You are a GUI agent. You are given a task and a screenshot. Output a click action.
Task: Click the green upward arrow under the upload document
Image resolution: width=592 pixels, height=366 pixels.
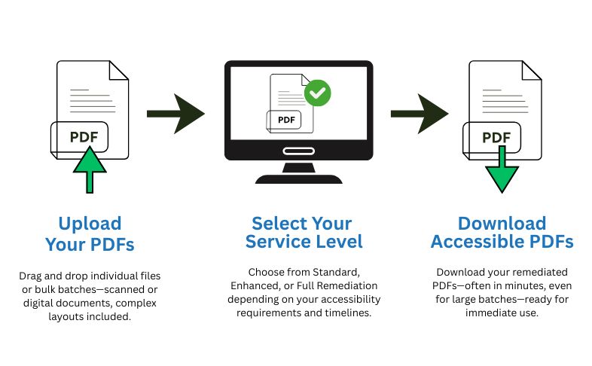pyautogui.click(x=90, y=171)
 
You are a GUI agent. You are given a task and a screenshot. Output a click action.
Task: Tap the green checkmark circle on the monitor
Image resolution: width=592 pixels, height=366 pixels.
pyautogui.click(x=318, y=93)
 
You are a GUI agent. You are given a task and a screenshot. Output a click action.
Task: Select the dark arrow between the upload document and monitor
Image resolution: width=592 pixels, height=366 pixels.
pyautogui.click(x=175, y=114)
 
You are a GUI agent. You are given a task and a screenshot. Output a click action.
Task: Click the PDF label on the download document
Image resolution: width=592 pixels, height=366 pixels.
pyautogui.click(x=496, y=137)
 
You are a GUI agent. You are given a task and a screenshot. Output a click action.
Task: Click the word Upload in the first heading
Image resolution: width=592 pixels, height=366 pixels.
pyautogui.click(x=89, y=224)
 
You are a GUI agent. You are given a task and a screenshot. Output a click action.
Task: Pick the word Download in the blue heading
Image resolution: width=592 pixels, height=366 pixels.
pyautogui.click(x=502, y=224)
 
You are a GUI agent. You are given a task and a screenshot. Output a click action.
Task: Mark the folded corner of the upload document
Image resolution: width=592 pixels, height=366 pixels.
pyautogui.click(x=118, y=71)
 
